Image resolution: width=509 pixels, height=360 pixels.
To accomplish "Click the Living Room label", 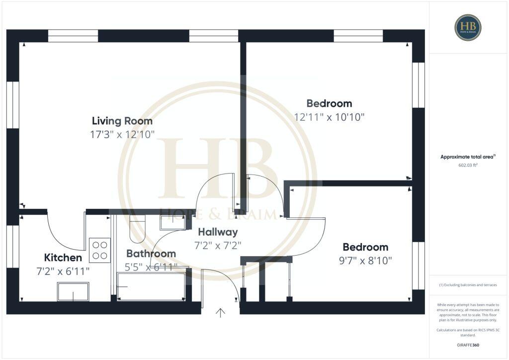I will [x=122, y=121].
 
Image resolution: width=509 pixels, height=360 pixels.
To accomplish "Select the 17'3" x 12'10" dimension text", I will [x=122, y=134].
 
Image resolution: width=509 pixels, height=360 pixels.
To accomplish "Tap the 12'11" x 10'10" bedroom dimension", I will [x=329, y=117].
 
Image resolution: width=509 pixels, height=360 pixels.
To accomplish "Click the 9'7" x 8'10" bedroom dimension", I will [x=365, y=261].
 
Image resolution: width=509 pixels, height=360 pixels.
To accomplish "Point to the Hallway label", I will [x=218, y=232].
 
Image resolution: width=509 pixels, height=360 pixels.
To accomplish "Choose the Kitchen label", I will [x=63, y=258].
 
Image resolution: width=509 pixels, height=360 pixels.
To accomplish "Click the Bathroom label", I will [x=151, y=254].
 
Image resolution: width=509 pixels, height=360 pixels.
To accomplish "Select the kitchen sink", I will [x=73, y=291].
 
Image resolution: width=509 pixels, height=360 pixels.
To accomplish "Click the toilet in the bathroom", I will [x=136, y=229].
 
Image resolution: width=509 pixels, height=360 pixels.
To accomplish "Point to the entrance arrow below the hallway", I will [x=220, y=312].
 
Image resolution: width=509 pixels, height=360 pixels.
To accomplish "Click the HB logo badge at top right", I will [x=468, y=27].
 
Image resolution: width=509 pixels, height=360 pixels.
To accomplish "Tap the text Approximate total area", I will [x=467, y=157].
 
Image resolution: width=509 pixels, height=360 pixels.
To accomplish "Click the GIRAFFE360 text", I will [x=468, y=345].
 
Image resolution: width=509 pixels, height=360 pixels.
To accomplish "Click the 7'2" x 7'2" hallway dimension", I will [x=218, y=245].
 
